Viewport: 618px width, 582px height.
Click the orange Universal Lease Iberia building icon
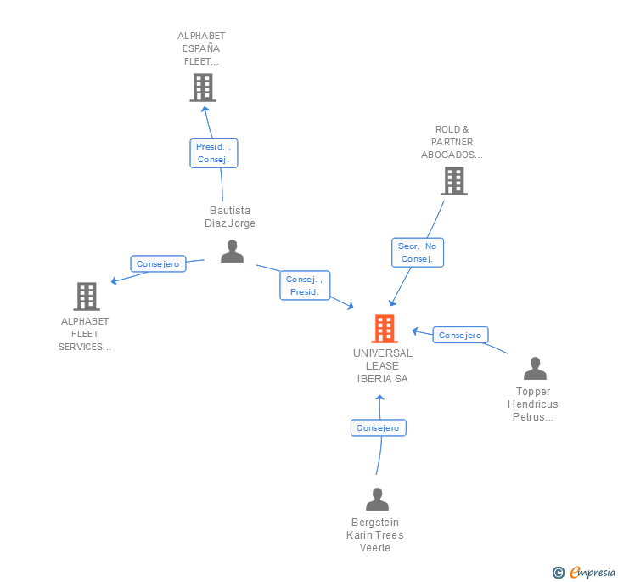(x=385, y=329)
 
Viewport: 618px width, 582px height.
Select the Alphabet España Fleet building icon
(x=202, y=88)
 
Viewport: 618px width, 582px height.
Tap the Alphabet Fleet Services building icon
(x=86, y=297)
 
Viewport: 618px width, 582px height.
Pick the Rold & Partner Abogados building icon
(x=454, y=181)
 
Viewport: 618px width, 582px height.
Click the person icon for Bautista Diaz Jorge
(x=232, y=251)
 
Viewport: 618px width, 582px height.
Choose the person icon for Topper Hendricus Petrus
(x=535, y=369)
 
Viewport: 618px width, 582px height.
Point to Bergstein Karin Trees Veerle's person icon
(x=377, y=499)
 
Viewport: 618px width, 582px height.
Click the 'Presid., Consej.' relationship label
(x=213, y=153)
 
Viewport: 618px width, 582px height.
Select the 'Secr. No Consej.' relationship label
(x=417, y=252)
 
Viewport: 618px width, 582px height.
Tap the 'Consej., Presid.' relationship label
(x=305, y=285)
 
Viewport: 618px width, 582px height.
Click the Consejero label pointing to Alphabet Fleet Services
(x=158, y=264)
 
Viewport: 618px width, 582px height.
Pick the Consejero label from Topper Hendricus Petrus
(x=460, y=336)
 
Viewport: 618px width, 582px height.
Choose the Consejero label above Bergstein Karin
(x=378, y=428)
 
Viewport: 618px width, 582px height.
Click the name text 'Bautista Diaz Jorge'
(x=230, y=217)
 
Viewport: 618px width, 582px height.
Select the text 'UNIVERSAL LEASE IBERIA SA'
(x=383, y=366)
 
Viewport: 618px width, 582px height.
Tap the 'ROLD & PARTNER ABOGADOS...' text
(x=452, y=143)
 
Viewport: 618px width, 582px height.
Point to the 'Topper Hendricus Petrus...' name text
(x=532, y=404)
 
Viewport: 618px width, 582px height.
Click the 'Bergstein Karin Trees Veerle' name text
(x=375, y=535)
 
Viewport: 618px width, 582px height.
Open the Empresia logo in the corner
(x=585, y=573)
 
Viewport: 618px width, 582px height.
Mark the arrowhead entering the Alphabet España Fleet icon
(x=204, y=108)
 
